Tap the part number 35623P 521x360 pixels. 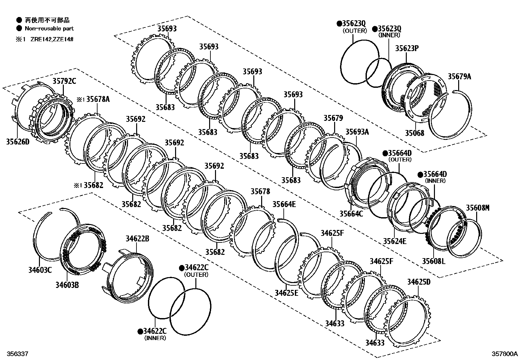coord(407,48)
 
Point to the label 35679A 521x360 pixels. coord(459,77)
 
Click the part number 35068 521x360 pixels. coord(414,133)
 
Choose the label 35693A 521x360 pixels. coord(357,132)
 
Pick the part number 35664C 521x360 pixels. coord(351,214)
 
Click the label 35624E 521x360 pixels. coord(395,241)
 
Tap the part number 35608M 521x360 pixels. coord(477,208)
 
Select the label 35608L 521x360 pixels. coord(433,261)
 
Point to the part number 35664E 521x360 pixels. coord(284,204)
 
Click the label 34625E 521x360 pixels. coord(286,293)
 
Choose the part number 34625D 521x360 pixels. coord(419,282)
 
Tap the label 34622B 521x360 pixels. coord(137,239)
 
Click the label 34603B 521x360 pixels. coord(67,285)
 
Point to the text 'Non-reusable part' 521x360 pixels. coord(49,28)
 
